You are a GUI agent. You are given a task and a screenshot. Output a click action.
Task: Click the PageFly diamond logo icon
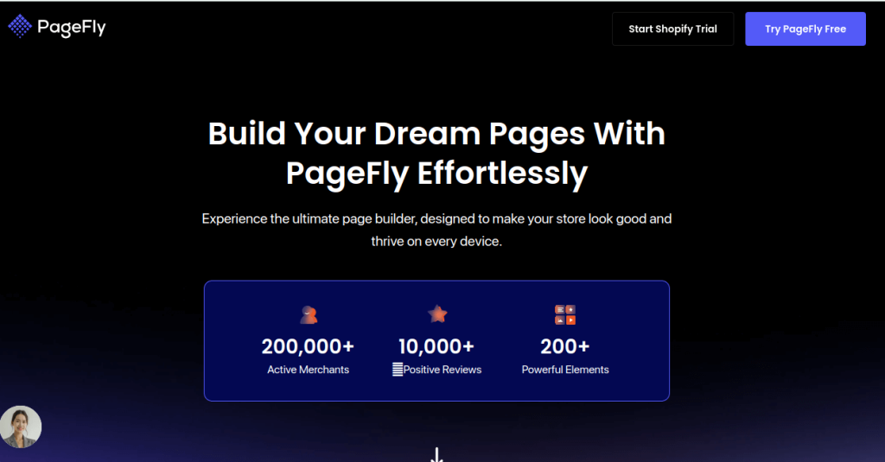pos(20,28)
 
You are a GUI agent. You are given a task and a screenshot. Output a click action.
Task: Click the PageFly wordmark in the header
pos(71,28)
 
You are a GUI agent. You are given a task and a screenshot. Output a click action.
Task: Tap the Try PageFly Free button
pos(805,28)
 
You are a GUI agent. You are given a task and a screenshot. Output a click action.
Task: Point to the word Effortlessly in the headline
pos(502,174)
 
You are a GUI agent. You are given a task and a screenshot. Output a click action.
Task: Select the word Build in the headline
pos(245,134)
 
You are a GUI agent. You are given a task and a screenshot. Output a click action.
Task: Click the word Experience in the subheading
pos(235,218)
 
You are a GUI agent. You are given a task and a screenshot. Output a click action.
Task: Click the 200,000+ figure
pos(308,346)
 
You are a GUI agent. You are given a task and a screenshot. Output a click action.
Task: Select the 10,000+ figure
pos(436,346)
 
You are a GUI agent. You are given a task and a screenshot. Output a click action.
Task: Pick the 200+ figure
pos(565,346)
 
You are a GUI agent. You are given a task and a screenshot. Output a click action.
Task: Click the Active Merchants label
pos(308,370)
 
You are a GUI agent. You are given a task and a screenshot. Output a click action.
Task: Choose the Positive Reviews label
pos(442,370)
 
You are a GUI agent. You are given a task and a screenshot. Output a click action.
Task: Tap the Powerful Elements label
pos(565,370)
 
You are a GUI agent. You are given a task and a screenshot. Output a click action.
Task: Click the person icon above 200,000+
pos(309,314)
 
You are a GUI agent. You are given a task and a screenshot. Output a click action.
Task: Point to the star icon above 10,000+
pos(437,313)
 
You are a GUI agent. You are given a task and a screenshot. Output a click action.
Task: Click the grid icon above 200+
pos(565,314)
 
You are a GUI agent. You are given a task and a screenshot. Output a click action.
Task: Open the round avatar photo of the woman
pos(21,427)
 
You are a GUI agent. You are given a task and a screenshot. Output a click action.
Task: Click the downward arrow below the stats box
pos(437,455)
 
